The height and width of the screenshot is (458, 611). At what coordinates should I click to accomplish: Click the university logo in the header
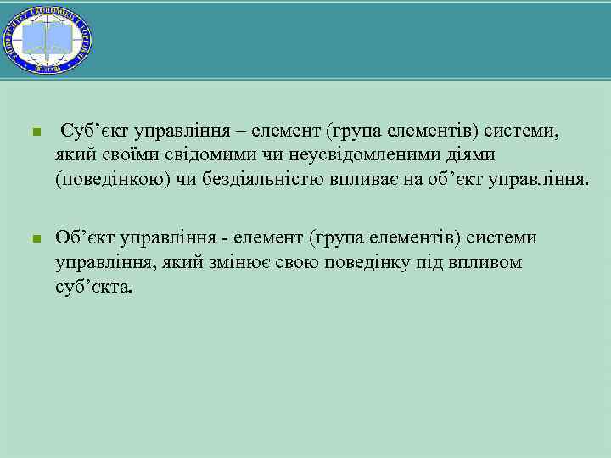(48, 38)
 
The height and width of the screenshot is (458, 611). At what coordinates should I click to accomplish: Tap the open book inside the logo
(48, 38)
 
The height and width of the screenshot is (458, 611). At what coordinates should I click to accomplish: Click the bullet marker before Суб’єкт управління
(36, 134)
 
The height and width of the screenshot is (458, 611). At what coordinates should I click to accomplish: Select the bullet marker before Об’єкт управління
(36, 240)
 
